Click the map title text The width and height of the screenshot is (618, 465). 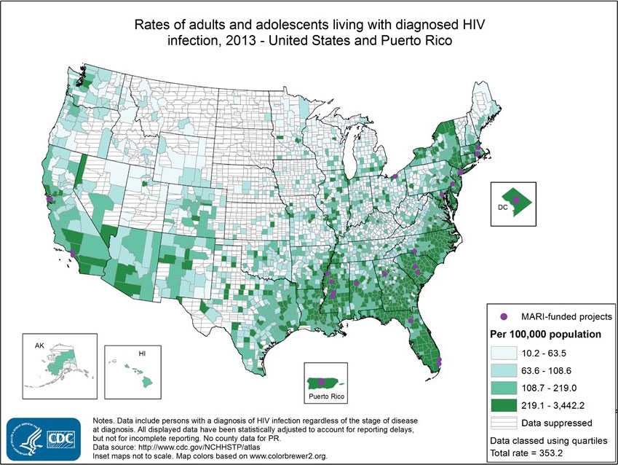click(309, 32)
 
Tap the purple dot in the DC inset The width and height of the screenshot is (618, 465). click(516, 199)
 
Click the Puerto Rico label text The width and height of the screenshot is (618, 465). click(325, 397)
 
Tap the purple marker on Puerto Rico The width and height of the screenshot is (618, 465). click(321, 380)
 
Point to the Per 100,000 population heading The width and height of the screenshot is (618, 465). click(544, 335)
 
